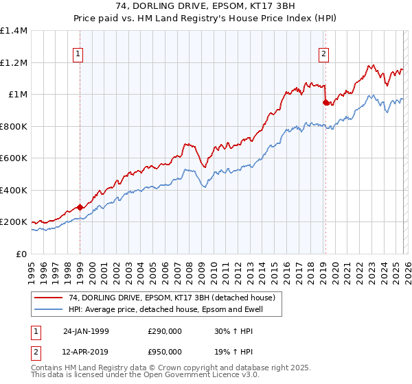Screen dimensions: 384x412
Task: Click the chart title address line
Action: click(206, 5)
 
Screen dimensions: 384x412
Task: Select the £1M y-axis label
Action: click(17, 95)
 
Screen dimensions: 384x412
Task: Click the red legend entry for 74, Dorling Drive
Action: click(172, 298)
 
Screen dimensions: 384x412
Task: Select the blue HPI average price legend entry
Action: click(165, 309)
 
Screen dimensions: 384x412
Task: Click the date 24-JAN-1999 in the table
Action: click(86, 331)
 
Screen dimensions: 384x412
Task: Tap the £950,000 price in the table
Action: click(165, 351)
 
